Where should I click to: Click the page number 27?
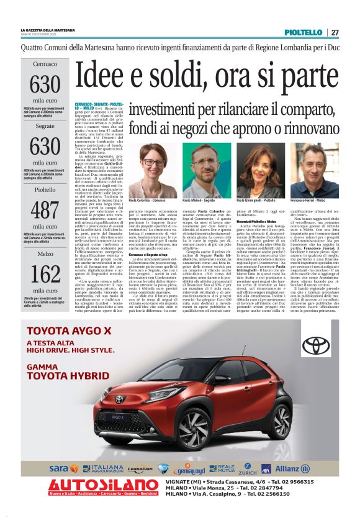pos(335,32)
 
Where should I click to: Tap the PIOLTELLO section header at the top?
pos(303,32)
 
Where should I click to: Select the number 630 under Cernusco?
pos(45,83)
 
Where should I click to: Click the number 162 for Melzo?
pos(45,273)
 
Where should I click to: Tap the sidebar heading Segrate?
pos(45,125)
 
